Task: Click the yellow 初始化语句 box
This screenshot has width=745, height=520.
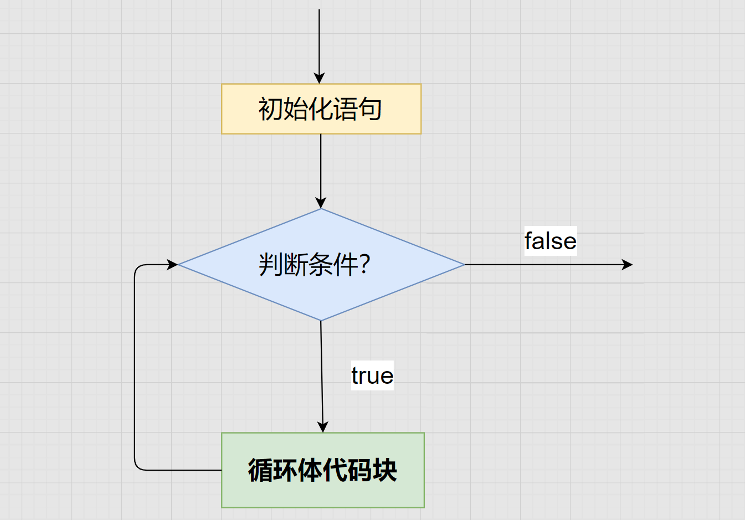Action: tap(321, 109)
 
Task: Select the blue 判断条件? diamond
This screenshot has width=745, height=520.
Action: tap(321, 265)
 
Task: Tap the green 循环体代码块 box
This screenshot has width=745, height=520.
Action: tap(323, 470)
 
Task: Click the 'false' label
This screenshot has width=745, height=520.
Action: tap(551, 241)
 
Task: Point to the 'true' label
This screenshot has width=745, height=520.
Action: tap(372, 375)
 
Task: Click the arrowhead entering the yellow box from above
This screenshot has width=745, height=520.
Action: tap(319, 79)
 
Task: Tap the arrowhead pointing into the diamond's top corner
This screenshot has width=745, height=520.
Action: tap(321, 203)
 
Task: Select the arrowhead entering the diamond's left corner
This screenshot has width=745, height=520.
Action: tap(172, 265)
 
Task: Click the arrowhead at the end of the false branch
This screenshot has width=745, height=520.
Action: tap(627, 265)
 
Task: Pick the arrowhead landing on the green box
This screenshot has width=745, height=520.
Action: tap(322, 427)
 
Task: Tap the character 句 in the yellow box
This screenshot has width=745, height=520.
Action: tap(369, 109)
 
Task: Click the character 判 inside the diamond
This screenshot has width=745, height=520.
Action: tap(271, 264)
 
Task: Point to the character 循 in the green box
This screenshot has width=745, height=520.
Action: tap(260, 470)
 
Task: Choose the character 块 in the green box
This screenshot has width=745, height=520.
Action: tap(385, 470)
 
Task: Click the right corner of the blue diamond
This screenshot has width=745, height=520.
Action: tap(464, 265)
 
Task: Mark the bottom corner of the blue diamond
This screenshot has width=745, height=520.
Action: tap(321, 321)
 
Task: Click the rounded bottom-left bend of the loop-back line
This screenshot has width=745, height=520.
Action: tap(138, 467)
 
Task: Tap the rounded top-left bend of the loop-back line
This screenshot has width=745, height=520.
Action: tap(138, 268)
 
